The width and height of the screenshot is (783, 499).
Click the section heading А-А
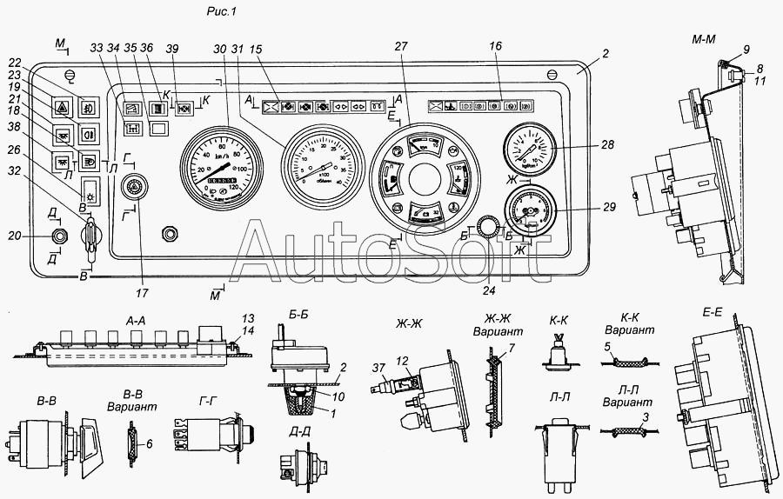(x=136, y=320)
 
